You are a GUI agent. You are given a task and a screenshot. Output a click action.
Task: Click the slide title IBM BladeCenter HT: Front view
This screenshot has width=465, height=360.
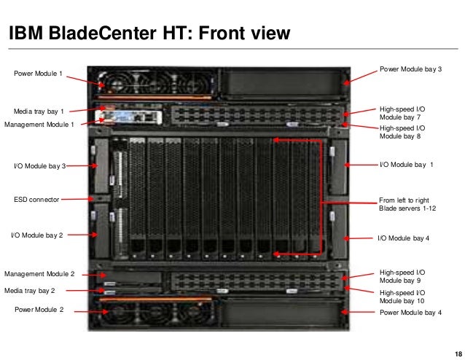pyautogui.click(x=149, y=34)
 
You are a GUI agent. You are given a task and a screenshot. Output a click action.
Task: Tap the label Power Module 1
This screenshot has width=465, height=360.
pyautogui.click(x=39, y=74)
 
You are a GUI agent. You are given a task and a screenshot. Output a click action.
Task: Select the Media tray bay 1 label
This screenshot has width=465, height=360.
pyautogui.click(x=40, y=111)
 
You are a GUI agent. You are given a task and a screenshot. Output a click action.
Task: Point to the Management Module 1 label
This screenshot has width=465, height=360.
pyautogui.click(x=39, y=125)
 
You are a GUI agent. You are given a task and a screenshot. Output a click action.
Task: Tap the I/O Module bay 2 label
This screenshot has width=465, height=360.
pyautogui.click(x=36, y=235)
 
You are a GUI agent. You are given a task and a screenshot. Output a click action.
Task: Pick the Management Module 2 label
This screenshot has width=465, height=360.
pyautogui.click(x=39, y=274)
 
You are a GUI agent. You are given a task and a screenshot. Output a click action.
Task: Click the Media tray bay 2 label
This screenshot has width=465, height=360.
pyautogui.click(x=30, y=290)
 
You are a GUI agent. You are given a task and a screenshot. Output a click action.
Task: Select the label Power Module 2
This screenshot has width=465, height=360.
pyautogui.click(x=39, y=310)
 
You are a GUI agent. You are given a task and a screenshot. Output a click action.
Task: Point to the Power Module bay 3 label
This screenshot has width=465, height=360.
pyautogui.click(x=411, y=69)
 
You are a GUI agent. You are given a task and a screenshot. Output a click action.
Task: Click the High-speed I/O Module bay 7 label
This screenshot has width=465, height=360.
pyautogui.click(x=402, y=112)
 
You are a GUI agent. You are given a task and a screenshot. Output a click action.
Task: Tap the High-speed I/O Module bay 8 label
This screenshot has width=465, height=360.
pyautogui.click(x=402, y=132)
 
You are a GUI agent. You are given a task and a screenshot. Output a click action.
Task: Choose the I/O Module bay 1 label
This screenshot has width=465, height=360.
pyautogui.click(x=406, y=165)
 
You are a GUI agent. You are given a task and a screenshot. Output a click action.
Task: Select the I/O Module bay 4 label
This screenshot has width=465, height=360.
pyautogui.click(x=405, y=238)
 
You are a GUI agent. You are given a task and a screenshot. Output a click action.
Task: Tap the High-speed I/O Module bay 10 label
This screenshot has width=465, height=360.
pyautogui.click(x=403, y=296)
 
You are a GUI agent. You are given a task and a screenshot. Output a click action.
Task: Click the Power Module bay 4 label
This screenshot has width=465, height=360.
pyautogui.click(x=411, y=312)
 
